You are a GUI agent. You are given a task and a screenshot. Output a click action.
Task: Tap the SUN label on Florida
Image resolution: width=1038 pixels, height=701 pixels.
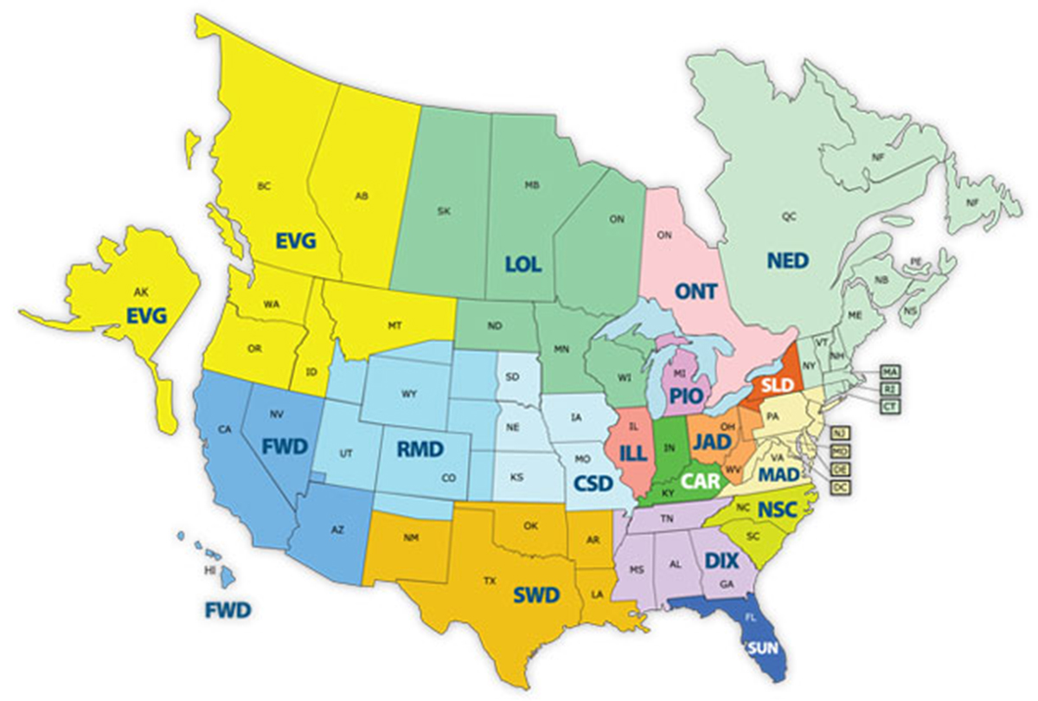click(762, 647)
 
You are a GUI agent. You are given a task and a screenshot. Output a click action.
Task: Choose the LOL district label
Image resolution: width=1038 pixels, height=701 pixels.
click(523, 265)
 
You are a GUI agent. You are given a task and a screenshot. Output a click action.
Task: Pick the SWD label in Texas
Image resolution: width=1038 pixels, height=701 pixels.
click(535, 595)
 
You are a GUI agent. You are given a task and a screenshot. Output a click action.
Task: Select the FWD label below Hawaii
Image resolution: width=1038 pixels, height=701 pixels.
click(227, 611)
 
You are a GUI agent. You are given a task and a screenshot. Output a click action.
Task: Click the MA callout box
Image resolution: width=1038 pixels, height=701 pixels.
click(889, 372)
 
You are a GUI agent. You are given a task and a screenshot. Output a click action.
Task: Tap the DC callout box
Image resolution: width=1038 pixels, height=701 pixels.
click(839, 487)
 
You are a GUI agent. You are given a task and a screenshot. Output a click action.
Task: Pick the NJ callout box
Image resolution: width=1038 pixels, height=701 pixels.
click(838, 432)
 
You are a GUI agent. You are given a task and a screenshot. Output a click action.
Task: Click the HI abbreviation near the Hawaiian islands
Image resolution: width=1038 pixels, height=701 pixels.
click(209, 572)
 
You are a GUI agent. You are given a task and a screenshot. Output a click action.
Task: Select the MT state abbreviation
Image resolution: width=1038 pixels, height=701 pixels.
click(394, 325)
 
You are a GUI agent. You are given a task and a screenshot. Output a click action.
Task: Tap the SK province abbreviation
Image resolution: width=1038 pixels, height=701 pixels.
click(445, 210)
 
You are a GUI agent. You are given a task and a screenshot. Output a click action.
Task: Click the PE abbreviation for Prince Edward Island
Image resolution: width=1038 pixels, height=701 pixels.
click(916, 260)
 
